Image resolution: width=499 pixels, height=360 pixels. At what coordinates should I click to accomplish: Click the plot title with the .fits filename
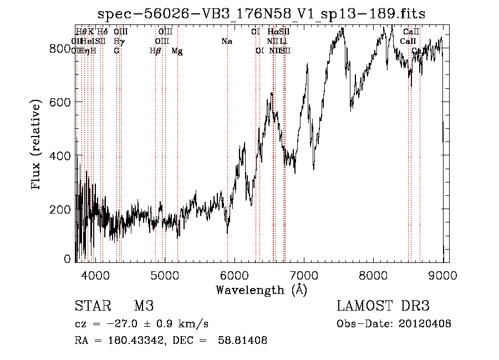(x=261, y=14)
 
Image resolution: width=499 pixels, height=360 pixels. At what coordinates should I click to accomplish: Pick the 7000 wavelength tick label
(x=304, y=274)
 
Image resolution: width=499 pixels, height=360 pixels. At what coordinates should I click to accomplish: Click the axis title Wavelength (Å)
(x=261, y=290)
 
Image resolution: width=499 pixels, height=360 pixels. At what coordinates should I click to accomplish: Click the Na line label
(x=226, y=42)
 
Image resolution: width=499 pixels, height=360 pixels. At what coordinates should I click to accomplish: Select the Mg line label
(x=177, y=51)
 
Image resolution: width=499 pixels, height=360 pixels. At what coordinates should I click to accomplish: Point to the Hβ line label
(x=155, y=50)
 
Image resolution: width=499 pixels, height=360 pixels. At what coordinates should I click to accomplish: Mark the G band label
(x=116, y=50)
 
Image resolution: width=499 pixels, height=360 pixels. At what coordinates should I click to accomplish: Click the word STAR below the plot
(x=92, y=306)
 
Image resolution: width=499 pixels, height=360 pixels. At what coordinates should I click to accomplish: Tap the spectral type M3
(x=144, y=306)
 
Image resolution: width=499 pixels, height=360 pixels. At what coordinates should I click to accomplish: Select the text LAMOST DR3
(x=383, y=306)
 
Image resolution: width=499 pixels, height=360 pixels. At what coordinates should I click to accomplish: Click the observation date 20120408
(x=424, y=324)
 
